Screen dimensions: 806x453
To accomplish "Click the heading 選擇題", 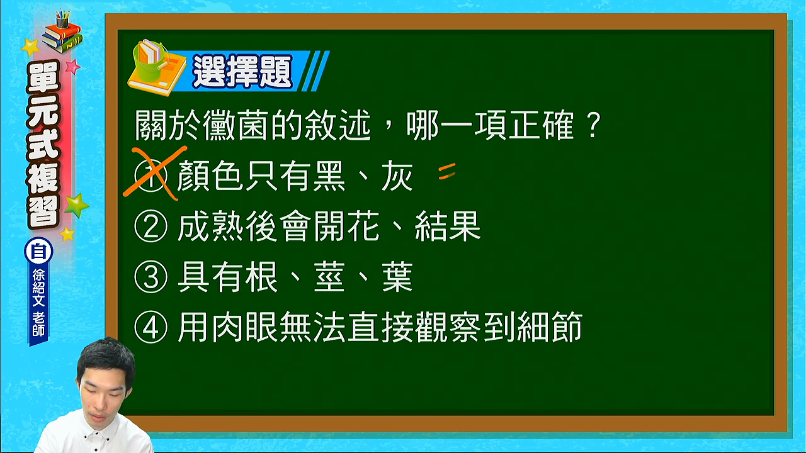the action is coord(242,71).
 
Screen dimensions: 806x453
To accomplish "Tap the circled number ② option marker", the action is coord(150,226).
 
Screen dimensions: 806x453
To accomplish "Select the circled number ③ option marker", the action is coord(150,276).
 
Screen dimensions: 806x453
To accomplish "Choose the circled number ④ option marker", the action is coord(150,327).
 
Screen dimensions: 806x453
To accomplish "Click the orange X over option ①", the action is coord(154,173).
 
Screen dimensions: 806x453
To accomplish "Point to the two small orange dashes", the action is coord(447,171).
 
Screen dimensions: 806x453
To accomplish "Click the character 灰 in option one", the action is coord(397,176).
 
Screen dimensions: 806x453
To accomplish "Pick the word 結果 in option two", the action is coord(448,226).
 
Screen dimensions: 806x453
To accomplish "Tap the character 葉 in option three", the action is coord(397,276).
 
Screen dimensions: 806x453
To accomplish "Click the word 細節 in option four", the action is coord(550,327).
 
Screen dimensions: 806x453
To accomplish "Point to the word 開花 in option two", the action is coord(347,226).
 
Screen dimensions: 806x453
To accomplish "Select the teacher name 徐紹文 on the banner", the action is coord(38,288).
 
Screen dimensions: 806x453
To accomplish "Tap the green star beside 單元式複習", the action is coord(76,205).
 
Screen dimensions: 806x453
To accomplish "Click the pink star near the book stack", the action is coord(72,67).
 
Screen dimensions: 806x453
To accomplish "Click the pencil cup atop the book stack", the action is coord(62,19).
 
